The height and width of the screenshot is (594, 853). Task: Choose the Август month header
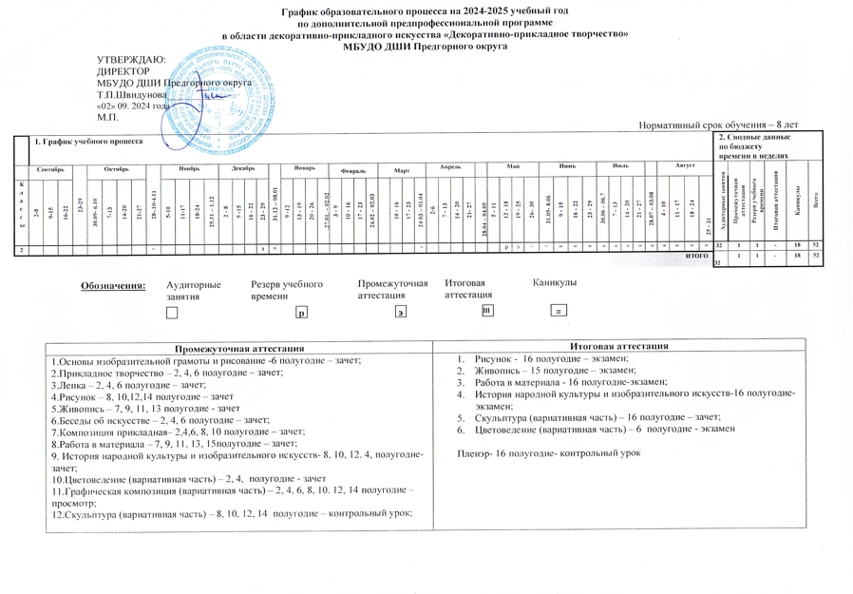685,165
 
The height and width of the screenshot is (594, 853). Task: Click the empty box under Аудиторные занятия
171,312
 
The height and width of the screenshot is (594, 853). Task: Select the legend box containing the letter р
300,312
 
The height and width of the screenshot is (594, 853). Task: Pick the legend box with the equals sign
560,312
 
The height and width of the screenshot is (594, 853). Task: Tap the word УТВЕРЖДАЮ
132,61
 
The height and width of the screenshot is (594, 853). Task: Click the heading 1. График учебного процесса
87,142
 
